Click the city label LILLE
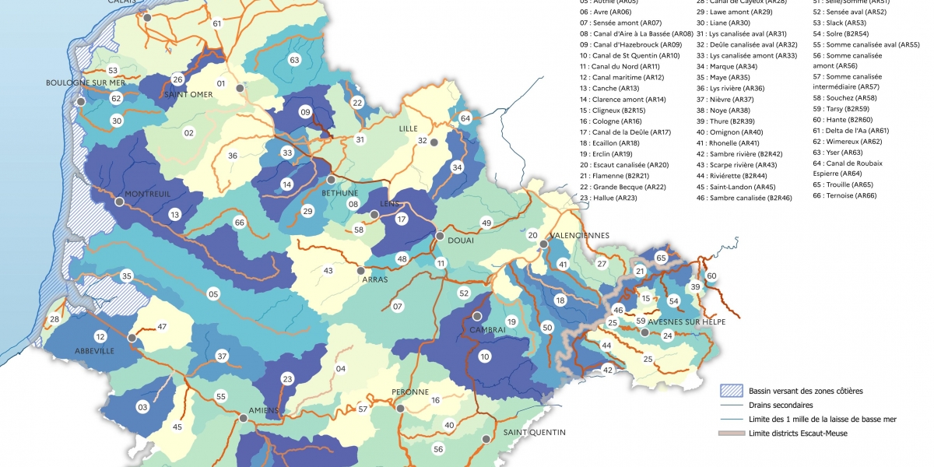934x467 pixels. pyautogui.click(x=409, y=128)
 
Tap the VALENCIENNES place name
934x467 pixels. pyautogui.click(x=579, y=235)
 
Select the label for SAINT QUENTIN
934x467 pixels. pyautogui.click(x=534, y=432)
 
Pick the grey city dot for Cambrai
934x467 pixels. pyautogui.click(x=477, y=316)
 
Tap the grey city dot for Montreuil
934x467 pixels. pyautogui.click(x=119, y=202)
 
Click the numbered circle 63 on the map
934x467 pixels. pyautogui.click(x=294, y=60)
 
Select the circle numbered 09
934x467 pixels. pyautogui.click(x=305, y=112)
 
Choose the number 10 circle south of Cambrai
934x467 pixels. pyautogui.click(x=485, y=356)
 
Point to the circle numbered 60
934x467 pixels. pyautogui.click(x=711, y=276)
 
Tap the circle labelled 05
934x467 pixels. pyautogui.click(x=212, y=293)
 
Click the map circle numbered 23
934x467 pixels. pyautogui.click(x=287, y=379)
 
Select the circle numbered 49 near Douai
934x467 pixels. pyautogui.click(x=487, y=223)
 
